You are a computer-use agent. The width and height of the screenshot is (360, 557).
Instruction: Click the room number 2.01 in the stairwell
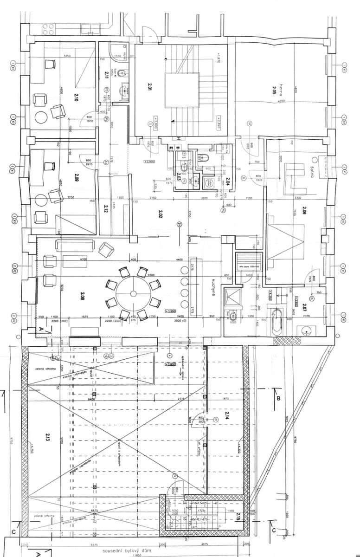[150, 86]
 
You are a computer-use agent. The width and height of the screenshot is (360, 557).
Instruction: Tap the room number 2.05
[275, 90]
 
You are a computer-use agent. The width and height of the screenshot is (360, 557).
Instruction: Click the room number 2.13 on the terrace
[48, 437]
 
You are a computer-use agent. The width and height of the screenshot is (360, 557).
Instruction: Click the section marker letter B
[278, 398]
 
